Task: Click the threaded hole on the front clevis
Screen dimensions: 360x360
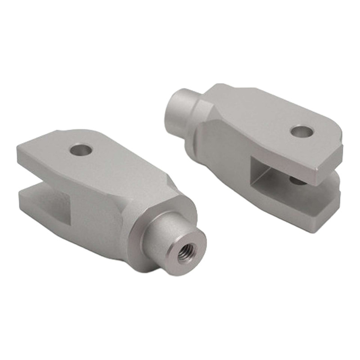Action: click(x=185, y=253)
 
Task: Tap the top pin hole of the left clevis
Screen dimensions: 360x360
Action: click(x=81, y=149)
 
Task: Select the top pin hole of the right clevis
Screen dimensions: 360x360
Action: click(x=301, y=131)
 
